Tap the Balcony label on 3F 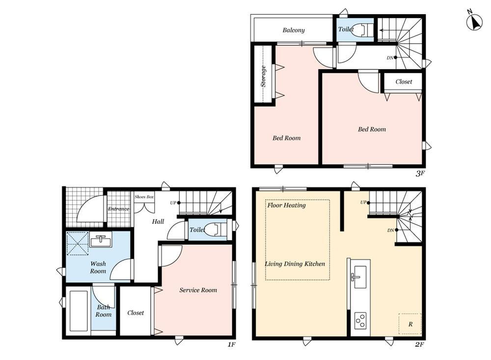click(x=294, y=30)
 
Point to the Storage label click(x=263, y=76)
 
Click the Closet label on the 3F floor click(x=404, y=82)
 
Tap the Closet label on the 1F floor click(x=136, y=313)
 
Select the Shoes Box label click(x=144, y=197)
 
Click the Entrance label click(x=118, y=209)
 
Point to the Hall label click(x=158, y=222)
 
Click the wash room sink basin click(x=101, y=240)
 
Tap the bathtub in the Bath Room click(x=78, y=310)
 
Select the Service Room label click(x=198, y=290)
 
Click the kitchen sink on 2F click(x=359, y=277)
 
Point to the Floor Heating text click(x=287, y=205)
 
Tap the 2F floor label click(x=420, y=344)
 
